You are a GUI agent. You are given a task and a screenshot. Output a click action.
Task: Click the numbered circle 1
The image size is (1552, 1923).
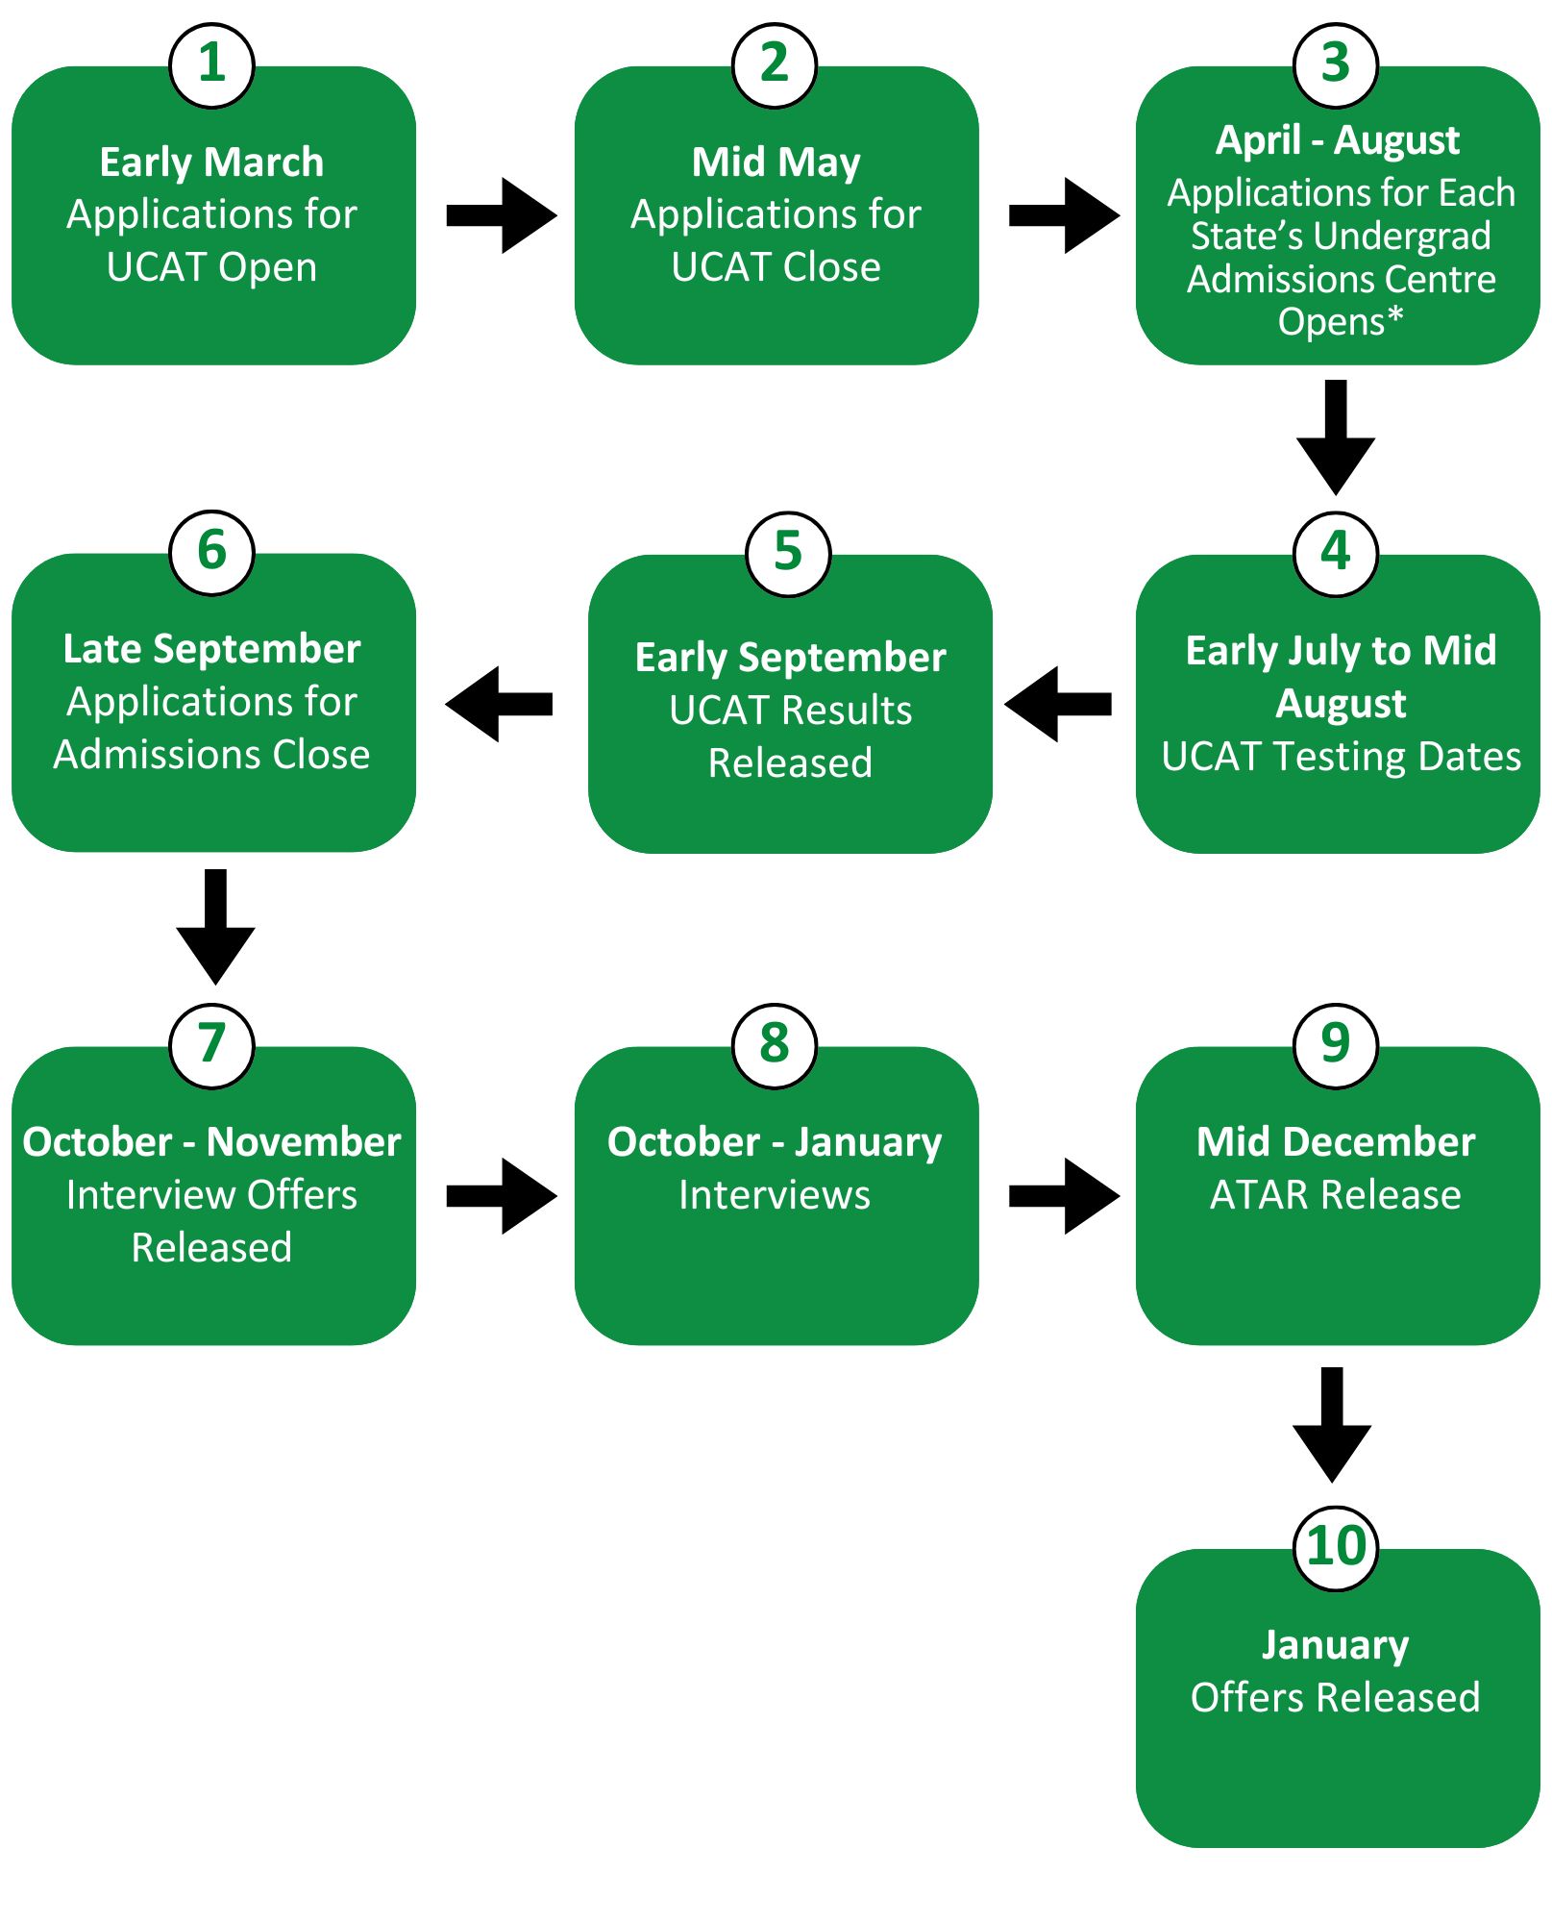tap(211, 65)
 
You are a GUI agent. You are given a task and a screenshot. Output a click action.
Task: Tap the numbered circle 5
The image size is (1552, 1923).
tap(788, 553)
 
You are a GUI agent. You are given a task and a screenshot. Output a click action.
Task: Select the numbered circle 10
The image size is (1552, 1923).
tap(1336, 1547)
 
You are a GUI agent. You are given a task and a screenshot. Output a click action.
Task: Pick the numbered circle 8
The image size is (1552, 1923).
tap(774, 1045)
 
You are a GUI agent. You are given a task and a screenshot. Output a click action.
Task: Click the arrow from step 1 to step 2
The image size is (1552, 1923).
tap(502, 215)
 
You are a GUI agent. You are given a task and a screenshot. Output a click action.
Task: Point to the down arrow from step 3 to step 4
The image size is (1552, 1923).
tap(1335, 437)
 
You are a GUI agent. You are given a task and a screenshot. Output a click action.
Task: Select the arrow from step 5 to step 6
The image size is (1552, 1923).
tap(499, 704)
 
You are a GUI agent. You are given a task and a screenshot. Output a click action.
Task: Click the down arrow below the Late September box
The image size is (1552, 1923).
tap(215, 926)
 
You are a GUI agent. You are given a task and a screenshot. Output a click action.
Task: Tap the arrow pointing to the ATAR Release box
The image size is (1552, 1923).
tap(1065, 1195)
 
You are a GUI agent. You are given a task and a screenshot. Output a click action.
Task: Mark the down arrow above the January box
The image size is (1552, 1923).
tap(1331, 1424)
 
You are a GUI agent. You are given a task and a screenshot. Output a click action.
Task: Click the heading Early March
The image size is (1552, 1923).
tap(211, 162)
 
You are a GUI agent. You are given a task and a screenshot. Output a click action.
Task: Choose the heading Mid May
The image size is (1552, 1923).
tap(776, 162)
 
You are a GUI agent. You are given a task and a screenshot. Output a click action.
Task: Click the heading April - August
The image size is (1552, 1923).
tap(1337, 140)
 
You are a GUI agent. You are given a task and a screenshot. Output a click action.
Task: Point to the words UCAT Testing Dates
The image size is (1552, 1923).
tap(1341, 757)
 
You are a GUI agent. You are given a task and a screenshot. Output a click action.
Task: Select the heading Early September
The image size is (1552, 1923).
tap(790, 658)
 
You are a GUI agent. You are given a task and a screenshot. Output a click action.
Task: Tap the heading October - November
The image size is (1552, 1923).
tap(211, 1142)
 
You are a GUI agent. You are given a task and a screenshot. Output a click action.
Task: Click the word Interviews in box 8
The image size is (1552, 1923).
tap(774, 1195)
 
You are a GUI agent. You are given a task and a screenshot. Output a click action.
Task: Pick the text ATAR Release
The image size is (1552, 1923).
tap(1335, 1195)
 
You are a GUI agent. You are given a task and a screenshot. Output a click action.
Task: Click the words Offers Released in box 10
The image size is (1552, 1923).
tap(1335, 1697)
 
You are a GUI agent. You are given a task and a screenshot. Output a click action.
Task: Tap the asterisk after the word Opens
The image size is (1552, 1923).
tap(1395, 315)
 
